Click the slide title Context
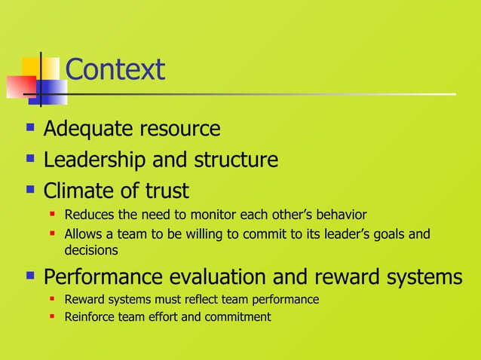(115, 70)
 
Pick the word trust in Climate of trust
(164, 191)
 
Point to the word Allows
(82, 234)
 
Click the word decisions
(90, 249)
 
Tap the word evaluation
(231, 277)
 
